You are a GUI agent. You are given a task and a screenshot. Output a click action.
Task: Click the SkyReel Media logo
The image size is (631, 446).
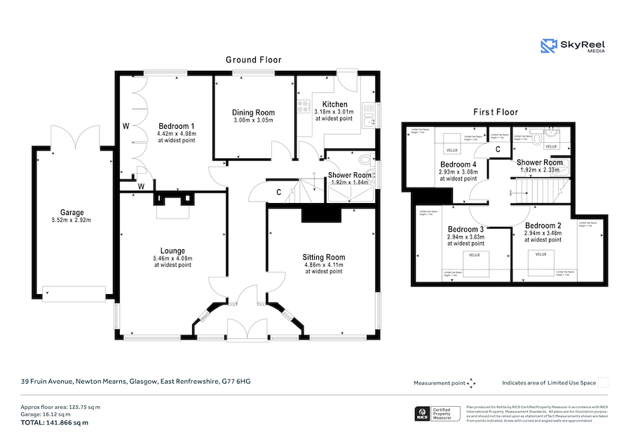pos(572,46)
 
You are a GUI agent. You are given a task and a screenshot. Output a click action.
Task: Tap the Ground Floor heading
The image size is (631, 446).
pos(253,60)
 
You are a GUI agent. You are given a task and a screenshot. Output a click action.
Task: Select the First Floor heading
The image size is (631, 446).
pos(495,112)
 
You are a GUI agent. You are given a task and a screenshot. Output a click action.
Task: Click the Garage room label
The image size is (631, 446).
pos(72,213)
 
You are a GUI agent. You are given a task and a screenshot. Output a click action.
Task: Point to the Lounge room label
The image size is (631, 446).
pos(172,251)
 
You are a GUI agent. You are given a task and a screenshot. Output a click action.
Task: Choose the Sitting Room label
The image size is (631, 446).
pos(324,257)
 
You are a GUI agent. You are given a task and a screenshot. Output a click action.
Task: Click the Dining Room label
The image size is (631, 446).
pos(253,113)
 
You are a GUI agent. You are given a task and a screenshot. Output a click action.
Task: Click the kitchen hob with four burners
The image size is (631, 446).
pos(304,107)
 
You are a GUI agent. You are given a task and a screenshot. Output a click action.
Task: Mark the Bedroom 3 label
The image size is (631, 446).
pos(466,230)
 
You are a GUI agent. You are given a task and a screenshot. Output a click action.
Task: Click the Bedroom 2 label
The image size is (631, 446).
pos(543,225)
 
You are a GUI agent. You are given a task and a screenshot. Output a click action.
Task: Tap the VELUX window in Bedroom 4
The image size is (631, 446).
pos(449,149)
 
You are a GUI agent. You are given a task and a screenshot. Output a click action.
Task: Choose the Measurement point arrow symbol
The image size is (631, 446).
pos(471,383)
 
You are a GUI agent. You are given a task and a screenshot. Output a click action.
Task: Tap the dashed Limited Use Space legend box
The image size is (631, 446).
pos(602,382)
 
